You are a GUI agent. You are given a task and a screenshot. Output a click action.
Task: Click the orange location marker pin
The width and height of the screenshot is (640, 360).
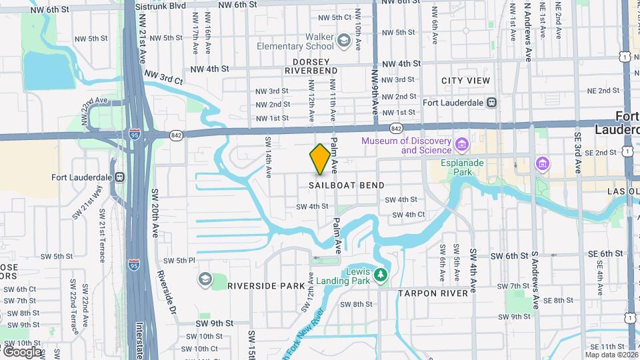click(x=320, y=159)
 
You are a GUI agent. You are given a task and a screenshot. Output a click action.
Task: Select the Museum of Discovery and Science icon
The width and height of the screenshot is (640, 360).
click(x=461, y=145)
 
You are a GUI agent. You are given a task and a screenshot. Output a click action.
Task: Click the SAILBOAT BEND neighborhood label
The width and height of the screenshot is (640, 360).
click(x=347, y=185)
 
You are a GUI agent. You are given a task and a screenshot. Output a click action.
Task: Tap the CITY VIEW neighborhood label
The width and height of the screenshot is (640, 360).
click(x=465, y=81)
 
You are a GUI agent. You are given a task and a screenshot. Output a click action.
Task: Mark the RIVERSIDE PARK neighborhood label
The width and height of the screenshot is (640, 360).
click(x=266, y=286)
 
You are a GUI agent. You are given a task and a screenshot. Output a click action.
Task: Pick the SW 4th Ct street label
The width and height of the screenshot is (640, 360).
click(x=409, y=215)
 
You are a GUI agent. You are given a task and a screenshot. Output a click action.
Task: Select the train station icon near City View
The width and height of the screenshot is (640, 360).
click(x=491, y=103)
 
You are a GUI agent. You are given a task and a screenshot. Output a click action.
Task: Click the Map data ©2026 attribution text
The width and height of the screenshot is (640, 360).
click(x=611, y=355)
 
